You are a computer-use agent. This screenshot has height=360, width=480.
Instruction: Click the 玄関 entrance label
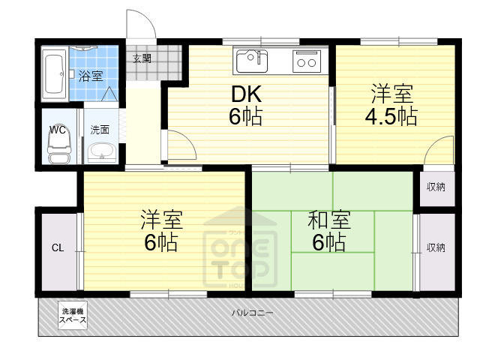[x=142, y=58]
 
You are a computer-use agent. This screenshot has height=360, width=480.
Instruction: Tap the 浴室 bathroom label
[x=91, y=75]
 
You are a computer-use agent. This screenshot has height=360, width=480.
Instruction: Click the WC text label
[x=58, y=130]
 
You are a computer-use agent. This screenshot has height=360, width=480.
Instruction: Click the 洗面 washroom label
[x=100, y=130]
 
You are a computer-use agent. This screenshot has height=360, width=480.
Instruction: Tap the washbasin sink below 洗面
[x=100, y=153]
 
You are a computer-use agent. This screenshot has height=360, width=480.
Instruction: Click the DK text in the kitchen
[x=245, y=94]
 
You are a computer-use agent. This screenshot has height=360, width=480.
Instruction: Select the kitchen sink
[x=252, y=58]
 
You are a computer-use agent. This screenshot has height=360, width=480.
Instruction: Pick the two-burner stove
[x=306, y=60]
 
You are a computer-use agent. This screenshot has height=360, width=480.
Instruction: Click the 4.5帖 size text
[x=391, y=116]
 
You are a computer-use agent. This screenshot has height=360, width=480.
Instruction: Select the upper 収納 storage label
[x=436, y=186]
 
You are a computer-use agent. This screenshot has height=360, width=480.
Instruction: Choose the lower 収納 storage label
[x=436, y=247]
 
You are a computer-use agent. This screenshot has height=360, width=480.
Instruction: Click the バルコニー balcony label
[x=252, y=313]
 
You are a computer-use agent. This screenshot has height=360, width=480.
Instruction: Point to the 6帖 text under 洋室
[x=161, y=243]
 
